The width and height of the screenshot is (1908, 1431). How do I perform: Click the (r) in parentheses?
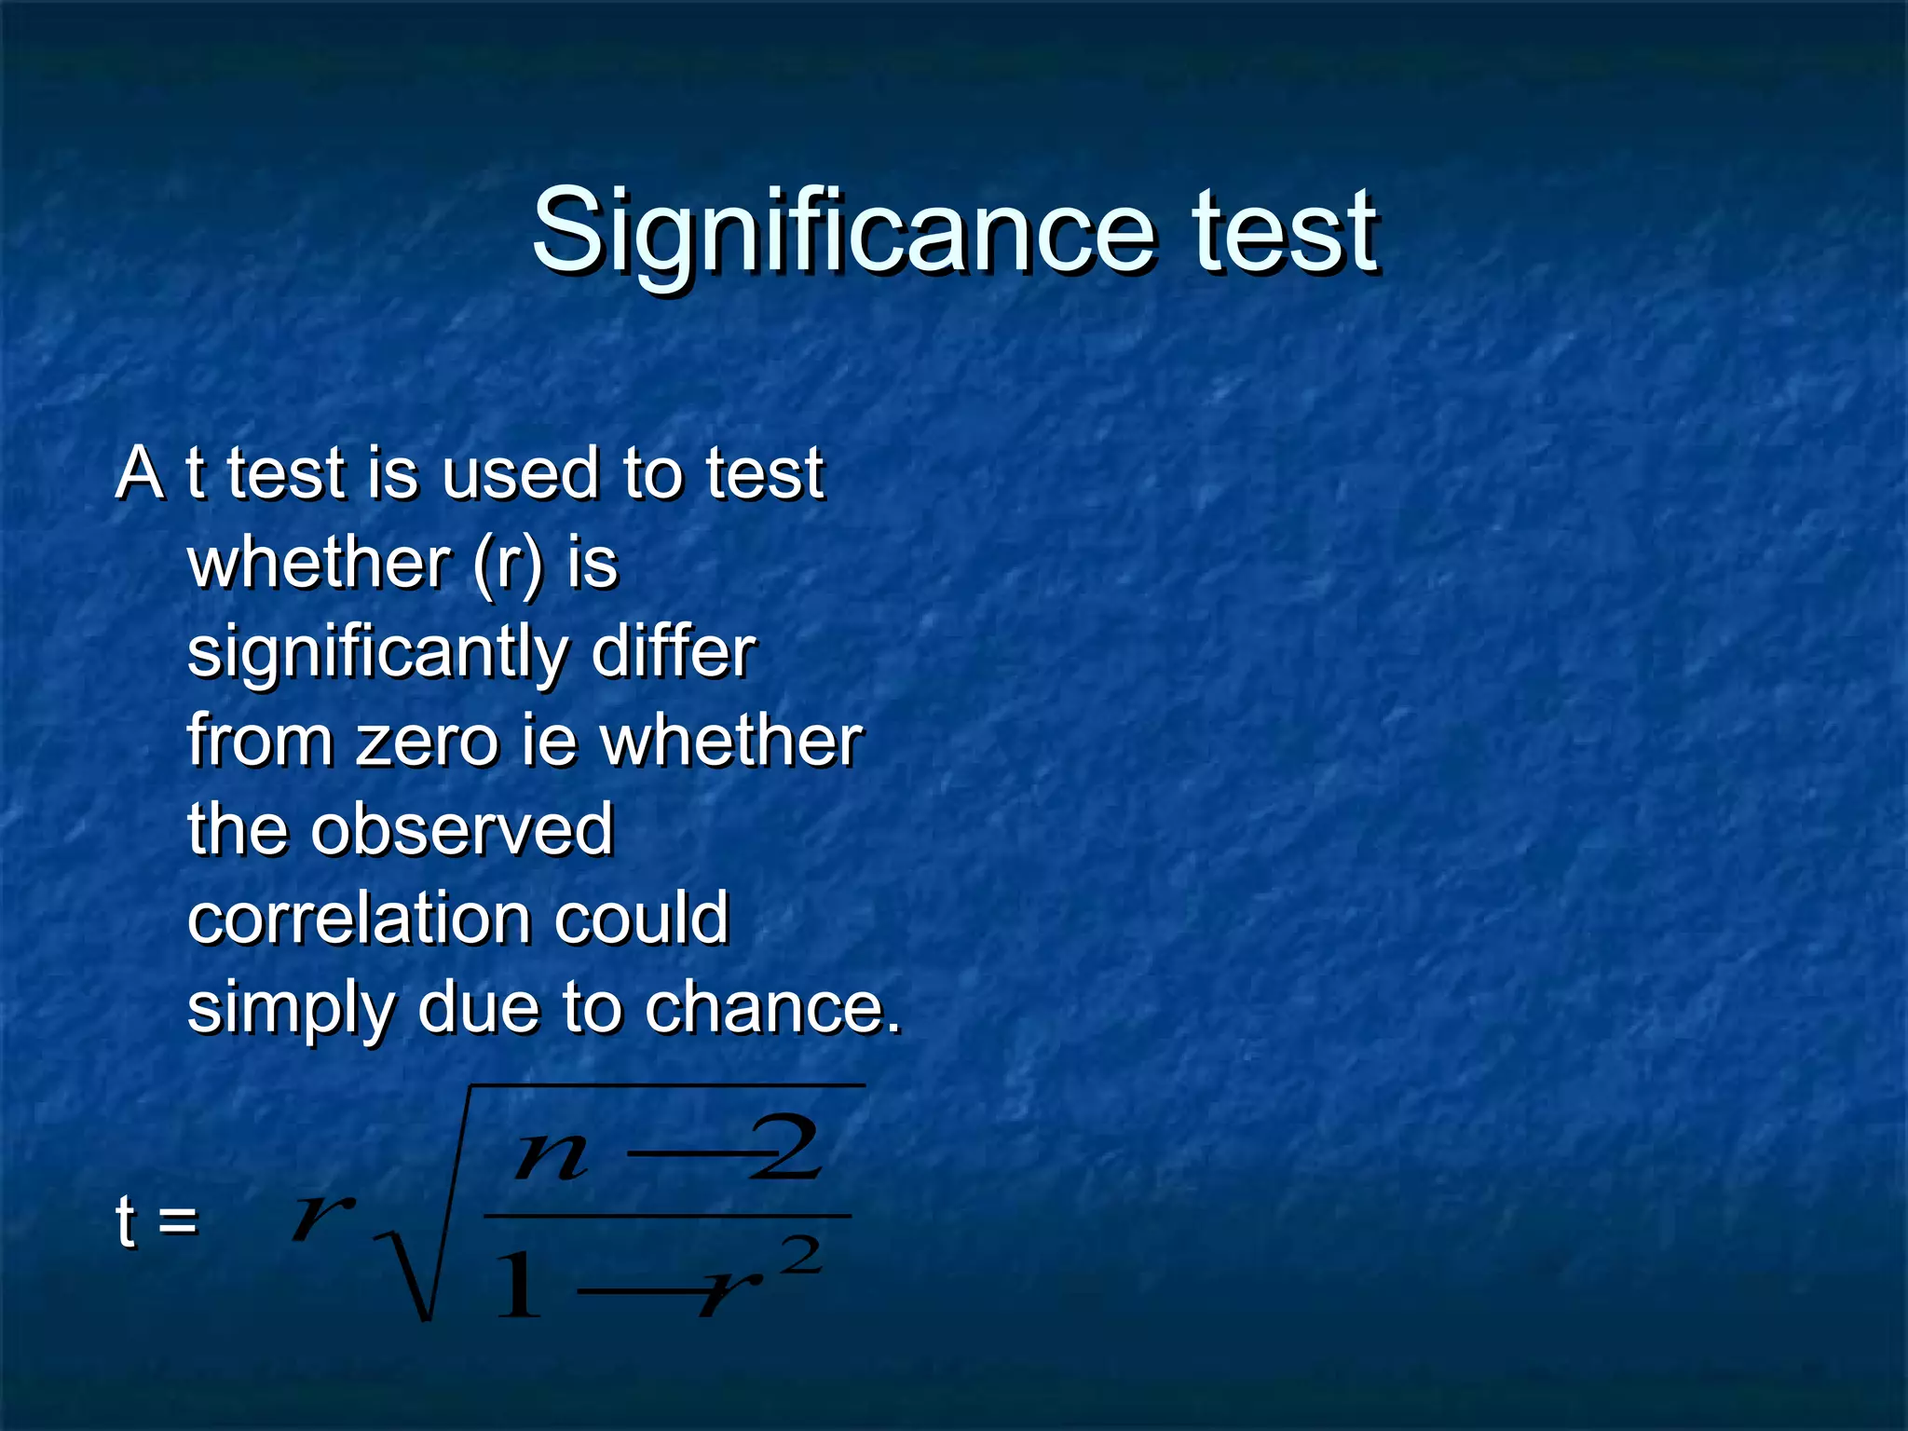point(507,563)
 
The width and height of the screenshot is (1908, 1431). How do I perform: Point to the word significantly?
point(377,652)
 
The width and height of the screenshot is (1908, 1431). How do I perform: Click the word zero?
point(428,742)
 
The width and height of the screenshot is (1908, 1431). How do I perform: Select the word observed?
point(462,829)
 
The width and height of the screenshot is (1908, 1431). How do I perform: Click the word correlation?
point(359,918)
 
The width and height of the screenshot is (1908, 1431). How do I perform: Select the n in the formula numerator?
point(552,1156)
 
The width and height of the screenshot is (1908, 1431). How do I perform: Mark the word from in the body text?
point(260,742)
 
